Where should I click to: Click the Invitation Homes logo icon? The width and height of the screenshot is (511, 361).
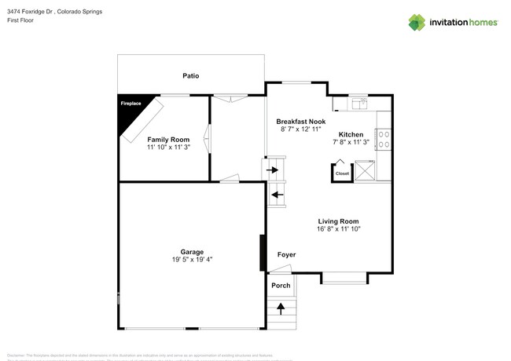point(417,23)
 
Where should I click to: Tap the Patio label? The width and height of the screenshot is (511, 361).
point(190,76)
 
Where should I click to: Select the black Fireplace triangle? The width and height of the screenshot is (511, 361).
point(128,115)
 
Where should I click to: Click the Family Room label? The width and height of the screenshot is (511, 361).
point(164,139)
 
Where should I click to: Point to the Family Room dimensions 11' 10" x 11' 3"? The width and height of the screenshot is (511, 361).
point(164,147)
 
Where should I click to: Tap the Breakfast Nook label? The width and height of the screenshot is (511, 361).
point(301,122)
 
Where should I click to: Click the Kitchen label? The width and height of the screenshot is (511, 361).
point(351,134)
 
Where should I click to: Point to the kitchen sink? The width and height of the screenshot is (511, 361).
point(361,103)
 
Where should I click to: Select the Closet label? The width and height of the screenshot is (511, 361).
point(342,173)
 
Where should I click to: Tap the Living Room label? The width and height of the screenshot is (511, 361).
point(338,221)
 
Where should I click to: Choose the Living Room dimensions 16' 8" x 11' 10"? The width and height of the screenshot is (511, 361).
point(338,230)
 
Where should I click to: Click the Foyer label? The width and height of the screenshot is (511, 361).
point(286,255)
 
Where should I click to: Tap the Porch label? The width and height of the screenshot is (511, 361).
point(281,285)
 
